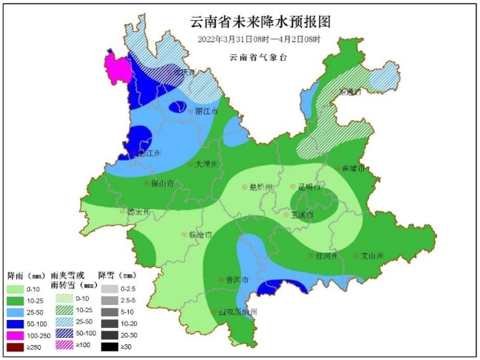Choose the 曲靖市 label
355,168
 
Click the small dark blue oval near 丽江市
176,108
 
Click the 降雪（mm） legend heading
117,275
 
